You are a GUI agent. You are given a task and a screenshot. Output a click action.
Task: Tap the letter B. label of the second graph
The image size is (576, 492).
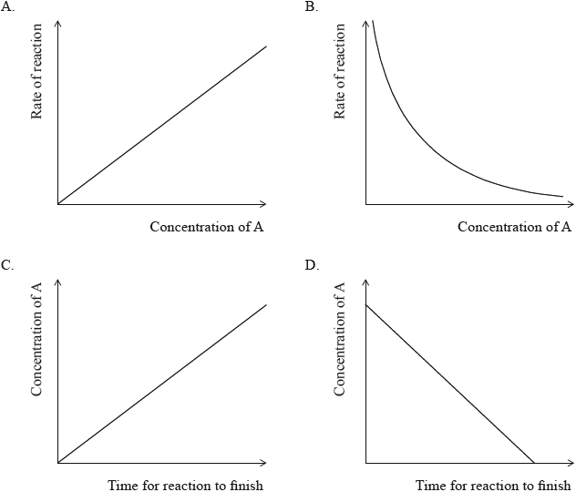312,6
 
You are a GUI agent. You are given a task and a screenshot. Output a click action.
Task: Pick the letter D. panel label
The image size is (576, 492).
312,265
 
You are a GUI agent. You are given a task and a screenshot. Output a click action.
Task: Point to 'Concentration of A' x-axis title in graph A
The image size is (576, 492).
207,226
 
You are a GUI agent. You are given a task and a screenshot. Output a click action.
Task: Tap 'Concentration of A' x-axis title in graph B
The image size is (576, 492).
514,226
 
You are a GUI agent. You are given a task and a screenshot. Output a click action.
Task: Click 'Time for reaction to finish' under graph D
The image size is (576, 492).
493,486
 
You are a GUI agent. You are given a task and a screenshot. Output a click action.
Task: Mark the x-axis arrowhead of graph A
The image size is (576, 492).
264,203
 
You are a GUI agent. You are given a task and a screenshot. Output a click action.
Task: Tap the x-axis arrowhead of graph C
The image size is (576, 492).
264,463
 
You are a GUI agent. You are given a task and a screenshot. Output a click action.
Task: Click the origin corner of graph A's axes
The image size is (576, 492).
58,203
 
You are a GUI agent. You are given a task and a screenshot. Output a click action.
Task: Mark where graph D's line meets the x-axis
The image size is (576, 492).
533,463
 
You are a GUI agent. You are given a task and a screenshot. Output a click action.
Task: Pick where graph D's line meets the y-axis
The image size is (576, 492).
366,304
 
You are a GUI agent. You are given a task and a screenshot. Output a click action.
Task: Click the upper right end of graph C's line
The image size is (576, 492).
266,304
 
